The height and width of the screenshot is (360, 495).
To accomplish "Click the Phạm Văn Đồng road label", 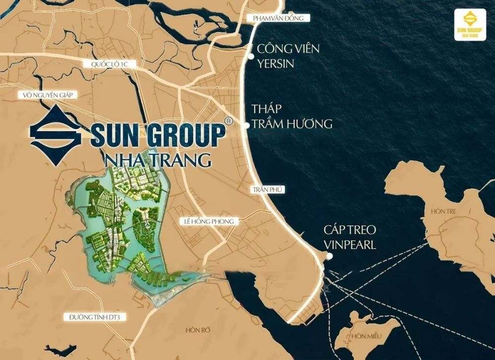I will (x=281, y=18).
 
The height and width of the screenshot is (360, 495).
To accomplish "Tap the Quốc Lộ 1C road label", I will (x=107, y=64).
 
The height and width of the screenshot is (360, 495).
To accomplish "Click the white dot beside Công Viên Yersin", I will (x=251, y=57).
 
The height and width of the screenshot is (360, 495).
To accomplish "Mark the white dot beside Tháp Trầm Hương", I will (x=247, y=126).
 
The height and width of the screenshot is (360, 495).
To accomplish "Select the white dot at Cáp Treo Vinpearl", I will (x=329, y=256).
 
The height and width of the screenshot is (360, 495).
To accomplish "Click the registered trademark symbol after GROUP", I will (x=228, y=120).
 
